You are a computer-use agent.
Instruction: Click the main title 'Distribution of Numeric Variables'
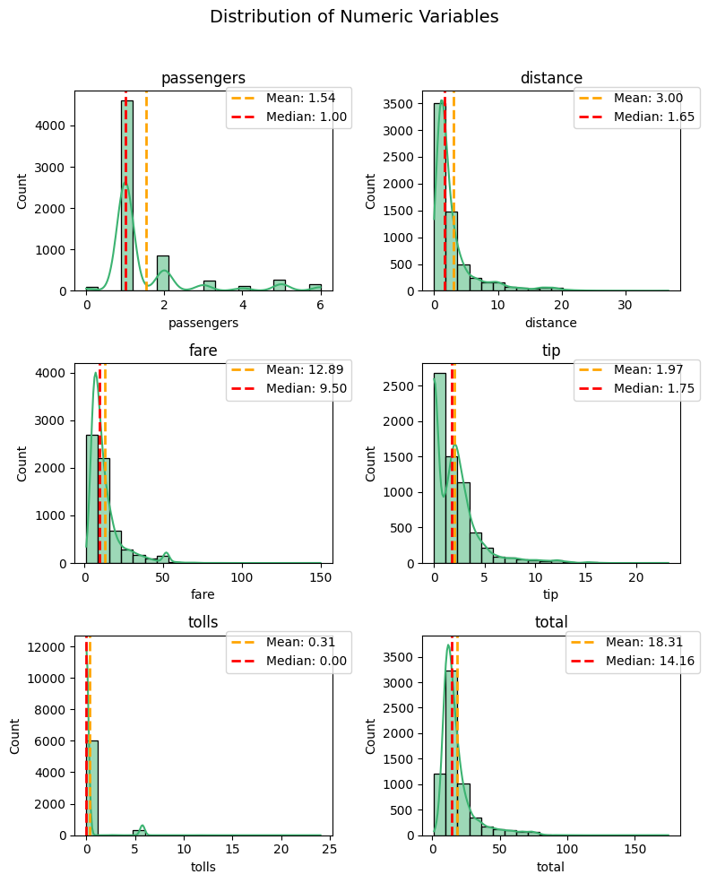pyautogui.click(x=354, y=16)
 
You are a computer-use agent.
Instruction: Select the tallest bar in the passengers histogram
pyautogui.click(x=127, y=196)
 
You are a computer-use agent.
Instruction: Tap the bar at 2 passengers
pyautogui.click(x=162, y=273)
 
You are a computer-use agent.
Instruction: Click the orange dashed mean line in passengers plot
pyautogui.click(x=146, y=191)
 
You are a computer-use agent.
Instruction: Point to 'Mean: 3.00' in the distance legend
pyautogui.click(x=648, y=98)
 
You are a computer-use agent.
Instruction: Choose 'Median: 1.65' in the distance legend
pyautogui.click(x=654, y=117)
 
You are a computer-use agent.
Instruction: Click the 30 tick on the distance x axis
pyautogui.click(x=625, y=305)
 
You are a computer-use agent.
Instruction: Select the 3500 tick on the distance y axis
pyautogui.click(x=399, y=104)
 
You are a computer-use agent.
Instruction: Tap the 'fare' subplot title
pyautogui.click(x=203, y=351)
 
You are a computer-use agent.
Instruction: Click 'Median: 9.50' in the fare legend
pyautogui.click(x=307, y=388)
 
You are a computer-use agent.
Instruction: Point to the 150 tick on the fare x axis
pyautogui.click(x=321, y=578)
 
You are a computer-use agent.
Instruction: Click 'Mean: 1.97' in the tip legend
pyautogui.click(x=648, y=370)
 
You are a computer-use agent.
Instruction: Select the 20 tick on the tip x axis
pyautogui.click(x=636, y=578)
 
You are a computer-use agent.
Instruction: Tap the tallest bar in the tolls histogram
pyautogui.click(x=92, y=788)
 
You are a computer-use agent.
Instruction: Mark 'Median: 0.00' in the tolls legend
pyautogui.click(x=307, y=661)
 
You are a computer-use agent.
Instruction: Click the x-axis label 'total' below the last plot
pyautogui.click(x=550, y=867)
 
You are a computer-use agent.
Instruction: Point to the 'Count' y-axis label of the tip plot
pyautogui.click(x=370, y=463)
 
